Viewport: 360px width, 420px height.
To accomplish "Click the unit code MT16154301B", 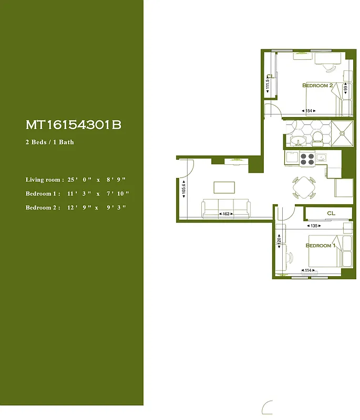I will (74, 125).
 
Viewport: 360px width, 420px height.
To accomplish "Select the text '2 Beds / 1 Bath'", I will (50, 142).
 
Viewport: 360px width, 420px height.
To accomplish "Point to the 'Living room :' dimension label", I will (45, 180).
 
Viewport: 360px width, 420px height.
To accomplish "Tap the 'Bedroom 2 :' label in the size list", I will (43, 207).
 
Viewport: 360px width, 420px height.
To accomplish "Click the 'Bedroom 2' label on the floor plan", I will (317, 85).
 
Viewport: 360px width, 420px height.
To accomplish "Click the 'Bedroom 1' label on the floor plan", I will (320, 245).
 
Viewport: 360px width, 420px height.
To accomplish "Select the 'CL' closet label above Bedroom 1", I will (331, 213).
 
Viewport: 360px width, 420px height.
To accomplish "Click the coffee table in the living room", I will (225, 187).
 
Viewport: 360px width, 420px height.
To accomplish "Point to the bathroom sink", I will (297, 141).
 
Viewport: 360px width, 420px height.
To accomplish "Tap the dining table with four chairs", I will (304, 187).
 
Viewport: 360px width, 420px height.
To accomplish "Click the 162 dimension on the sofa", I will (226, 214).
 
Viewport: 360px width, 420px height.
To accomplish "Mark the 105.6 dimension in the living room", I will (183, 188).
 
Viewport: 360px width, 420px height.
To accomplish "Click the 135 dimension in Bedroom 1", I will (314, 226).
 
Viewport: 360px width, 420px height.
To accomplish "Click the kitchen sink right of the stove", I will (321, 156).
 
